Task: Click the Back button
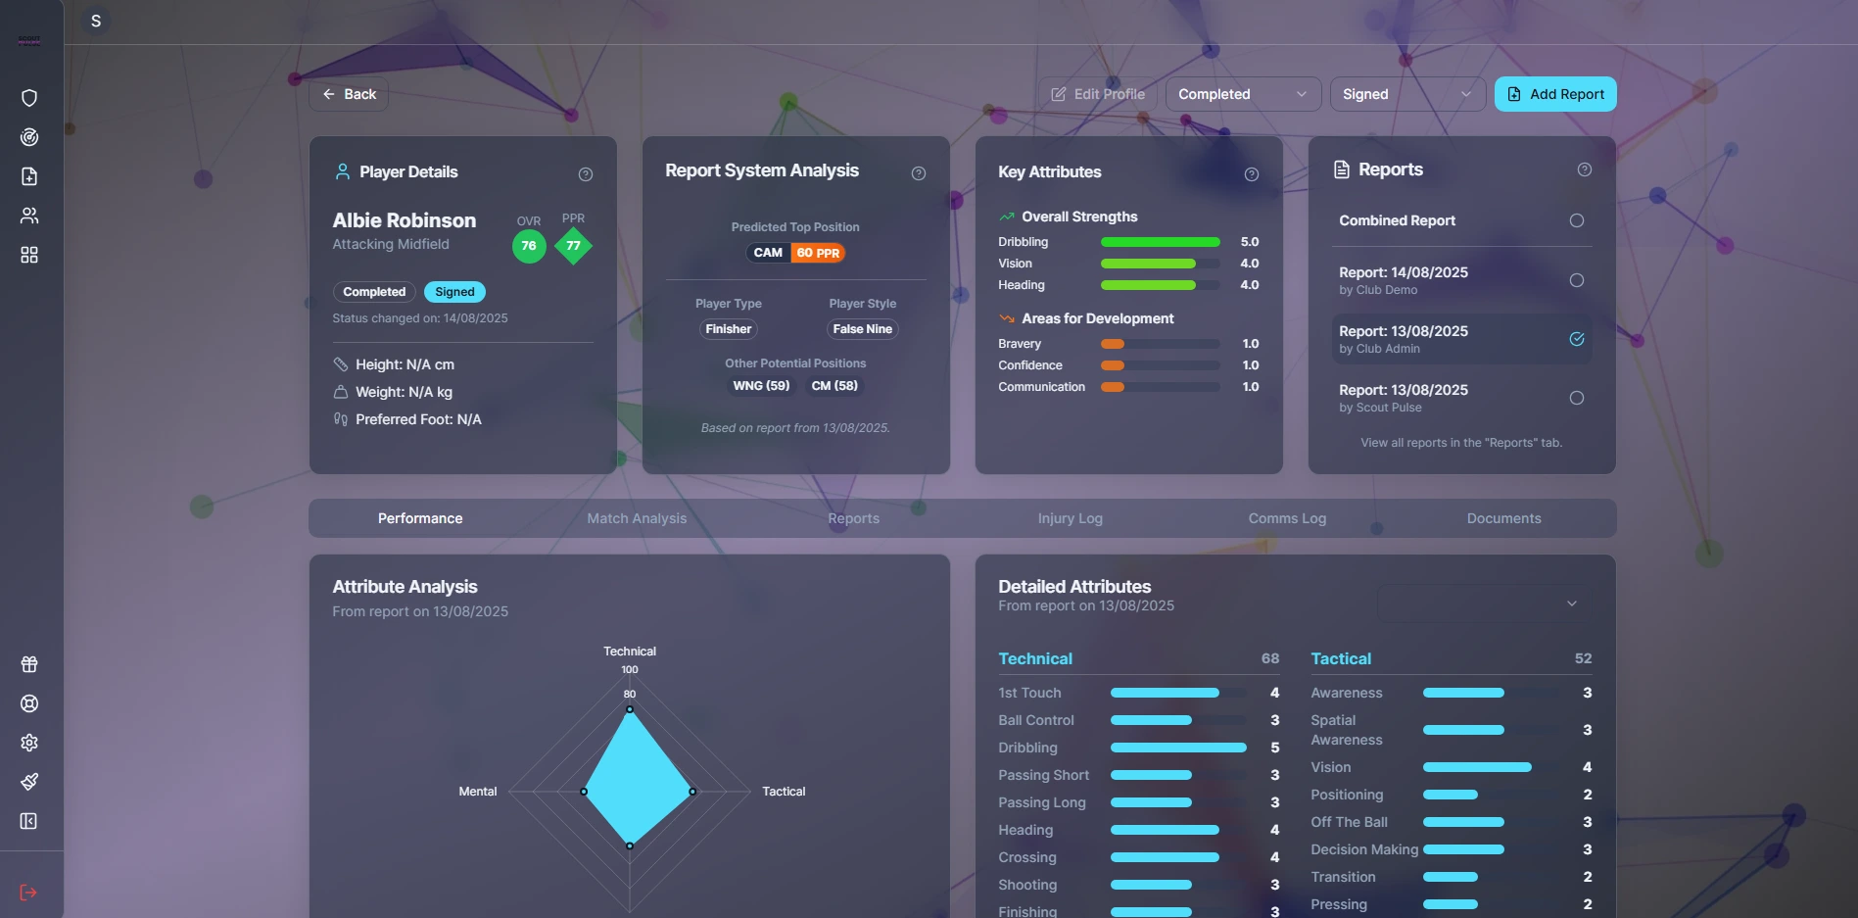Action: (349, 94)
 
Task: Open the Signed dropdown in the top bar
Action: (1406, 94)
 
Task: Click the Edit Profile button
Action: (1098, 94)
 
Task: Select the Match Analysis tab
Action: (637, 518)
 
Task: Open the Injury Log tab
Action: (1070, 518)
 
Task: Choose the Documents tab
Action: (1503, 518)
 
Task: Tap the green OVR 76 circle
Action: (529, 246)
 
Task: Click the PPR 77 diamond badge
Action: (573, 246)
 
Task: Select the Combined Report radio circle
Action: (1576, 220)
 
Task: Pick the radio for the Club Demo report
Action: (1576, 280)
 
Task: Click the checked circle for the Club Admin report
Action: (1576, 339)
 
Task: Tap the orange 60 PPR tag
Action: (818, 253)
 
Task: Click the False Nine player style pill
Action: (862, 329)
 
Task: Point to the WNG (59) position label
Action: (761, 386)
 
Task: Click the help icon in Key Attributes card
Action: (1251, 174)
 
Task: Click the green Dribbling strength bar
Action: (1160, 242)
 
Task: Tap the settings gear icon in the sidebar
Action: (29, 743)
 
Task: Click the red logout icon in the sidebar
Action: (28, 893)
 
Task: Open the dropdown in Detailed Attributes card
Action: (1484, 604)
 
